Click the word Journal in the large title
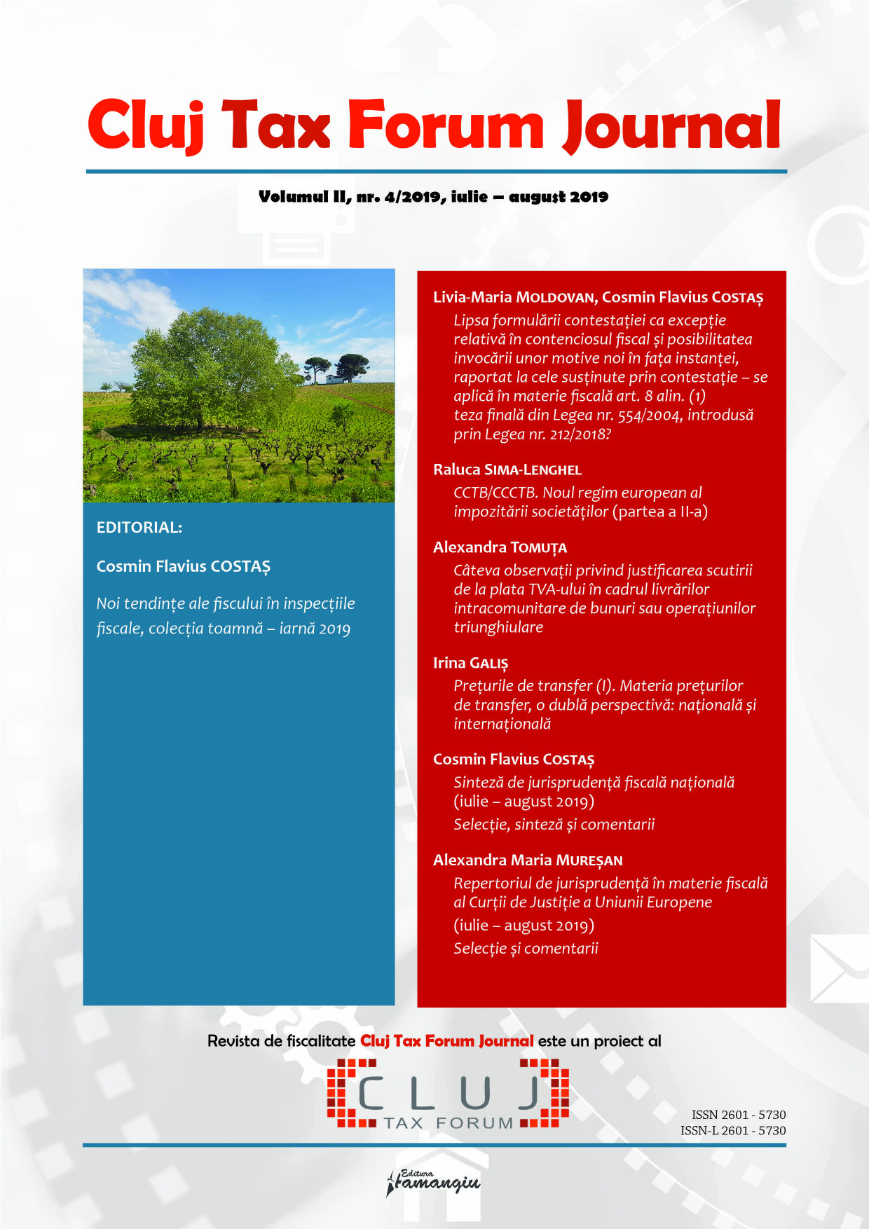coord(671,126)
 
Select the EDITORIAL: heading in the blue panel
coord(139,528)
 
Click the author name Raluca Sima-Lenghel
coord(507,469)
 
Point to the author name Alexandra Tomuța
coord(500,547)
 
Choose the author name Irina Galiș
coord(470,663)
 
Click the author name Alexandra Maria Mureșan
coord(528,860)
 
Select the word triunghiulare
coord(498,627)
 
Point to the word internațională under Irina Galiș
coord(502,724)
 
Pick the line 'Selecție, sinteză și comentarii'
coord(554,824)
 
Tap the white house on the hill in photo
coord(336,379)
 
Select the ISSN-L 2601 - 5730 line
coord(732,1130)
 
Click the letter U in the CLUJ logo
coord(476,1094)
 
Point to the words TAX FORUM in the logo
coord(449,1123)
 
